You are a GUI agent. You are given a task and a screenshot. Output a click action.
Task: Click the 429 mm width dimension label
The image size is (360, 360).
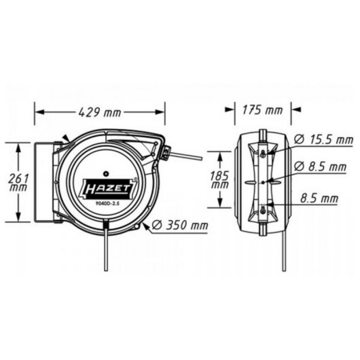pyautogui.click(x=99, y=112)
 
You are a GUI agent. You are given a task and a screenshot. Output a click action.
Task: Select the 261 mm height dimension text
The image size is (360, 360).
pyautogui.click(x=18, y=183)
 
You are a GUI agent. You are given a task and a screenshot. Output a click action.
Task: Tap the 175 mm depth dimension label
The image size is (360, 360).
pyautogui.click(x=262, y=110)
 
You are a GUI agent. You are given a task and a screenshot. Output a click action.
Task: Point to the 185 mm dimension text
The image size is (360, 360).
pyautogui.click(x=219, y=180)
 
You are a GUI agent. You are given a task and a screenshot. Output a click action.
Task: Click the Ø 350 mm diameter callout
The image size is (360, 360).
pyautogui.click(x=180, y=226)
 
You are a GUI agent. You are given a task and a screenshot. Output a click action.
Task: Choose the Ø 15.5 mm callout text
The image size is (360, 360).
pyautogui.click(x=323, y=139)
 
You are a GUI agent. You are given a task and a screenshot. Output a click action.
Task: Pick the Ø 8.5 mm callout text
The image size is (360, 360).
pyautogui.click(x=320, y=166)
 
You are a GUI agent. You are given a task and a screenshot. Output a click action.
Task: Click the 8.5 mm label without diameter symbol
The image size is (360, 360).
pyautogui.click(x=319, y=198)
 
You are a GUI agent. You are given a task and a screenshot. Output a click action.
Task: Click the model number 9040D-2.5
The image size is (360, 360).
pyautogui.click(x=107, y=203)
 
